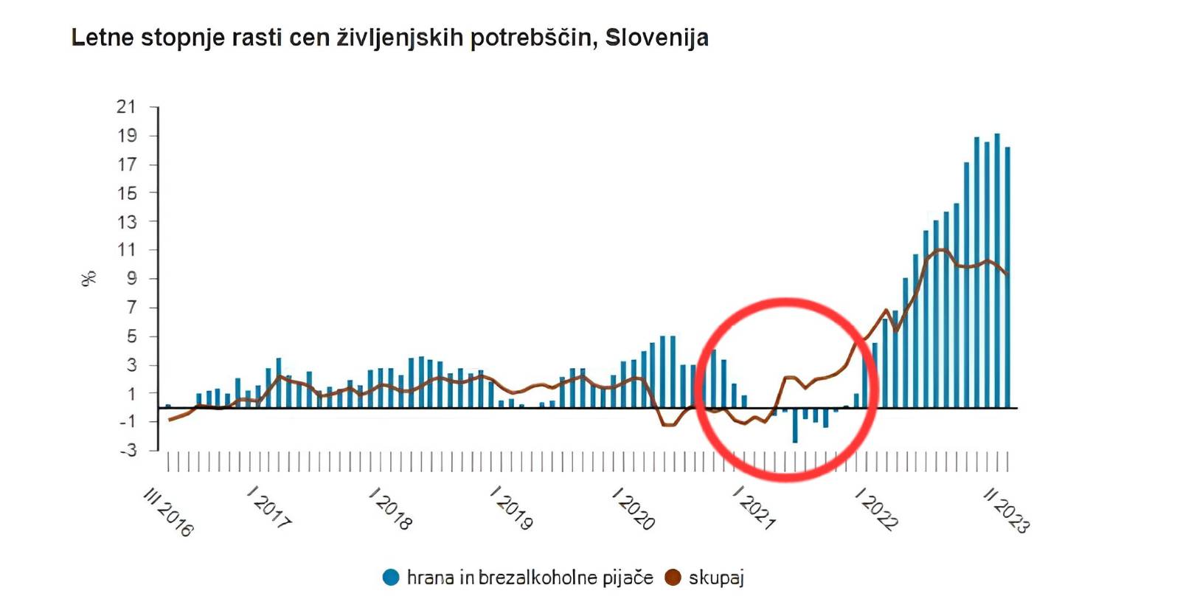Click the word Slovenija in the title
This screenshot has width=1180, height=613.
[x=656, y=37]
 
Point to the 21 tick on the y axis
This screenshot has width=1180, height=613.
[x=127, y=107]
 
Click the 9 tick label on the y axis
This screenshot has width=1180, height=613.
[x=132, y=279]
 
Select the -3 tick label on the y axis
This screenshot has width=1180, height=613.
[x=128, y=450]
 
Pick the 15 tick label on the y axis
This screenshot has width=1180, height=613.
[x=127, y=193]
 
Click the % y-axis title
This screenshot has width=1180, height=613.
[x=89, y=279]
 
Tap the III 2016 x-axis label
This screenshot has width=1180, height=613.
[x=169, y=511]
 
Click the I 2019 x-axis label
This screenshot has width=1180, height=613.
[x=511, y=508]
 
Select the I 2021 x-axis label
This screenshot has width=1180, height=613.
[x=754, y=508]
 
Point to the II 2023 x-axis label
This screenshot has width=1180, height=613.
[x=1006, y=510]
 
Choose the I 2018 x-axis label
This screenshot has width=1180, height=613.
[x=390, y=508]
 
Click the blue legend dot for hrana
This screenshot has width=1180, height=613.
[x=391, y=578]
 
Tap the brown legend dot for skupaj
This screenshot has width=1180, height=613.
[x=673, y=578]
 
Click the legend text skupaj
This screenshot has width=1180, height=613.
[x=716, y=578]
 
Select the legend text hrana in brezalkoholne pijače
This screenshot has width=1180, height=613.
[x=530, y=578]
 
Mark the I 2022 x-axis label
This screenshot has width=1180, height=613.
[x=876, y=508]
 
